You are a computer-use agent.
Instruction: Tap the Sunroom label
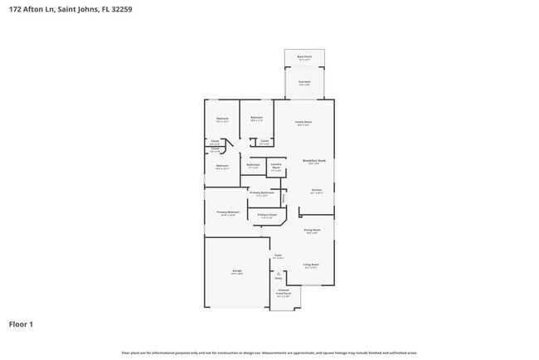tap(304, 83)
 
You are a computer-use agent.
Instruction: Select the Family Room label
tap(304, 122)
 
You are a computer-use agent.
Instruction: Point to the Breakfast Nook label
tap(313, 160)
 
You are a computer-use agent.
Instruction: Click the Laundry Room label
tap(276, 166)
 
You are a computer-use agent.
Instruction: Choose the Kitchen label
tap(316, 190)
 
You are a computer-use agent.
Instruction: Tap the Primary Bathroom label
tap(261, 193)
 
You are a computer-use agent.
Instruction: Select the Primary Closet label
tap(266, 215)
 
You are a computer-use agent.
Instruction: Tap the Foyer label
tap(279, 256)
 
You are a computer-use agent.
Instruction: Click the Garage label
tap(236, 271)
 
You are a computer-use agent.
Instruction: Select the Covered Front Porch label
tap(284, 292)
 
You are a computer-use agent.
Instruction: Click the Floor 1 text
tap(21, 324)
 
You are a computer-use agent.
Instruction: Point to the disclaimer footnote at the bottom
tap(269, 353)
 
